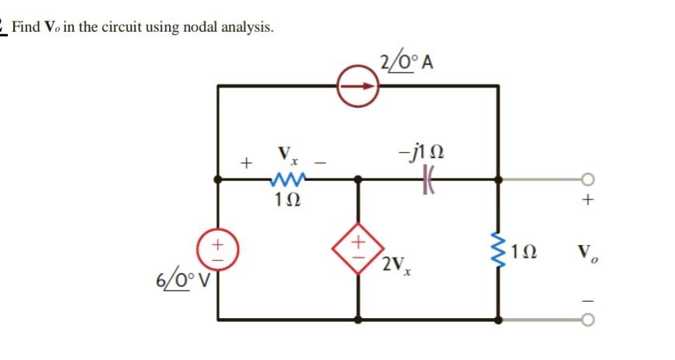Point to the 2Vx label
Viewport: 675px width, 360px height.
coord(396,266)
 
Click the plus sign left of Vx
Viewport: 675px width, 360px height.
coord(246,164)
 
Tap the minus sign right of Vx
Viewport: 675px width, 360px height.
coord(327,162)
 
